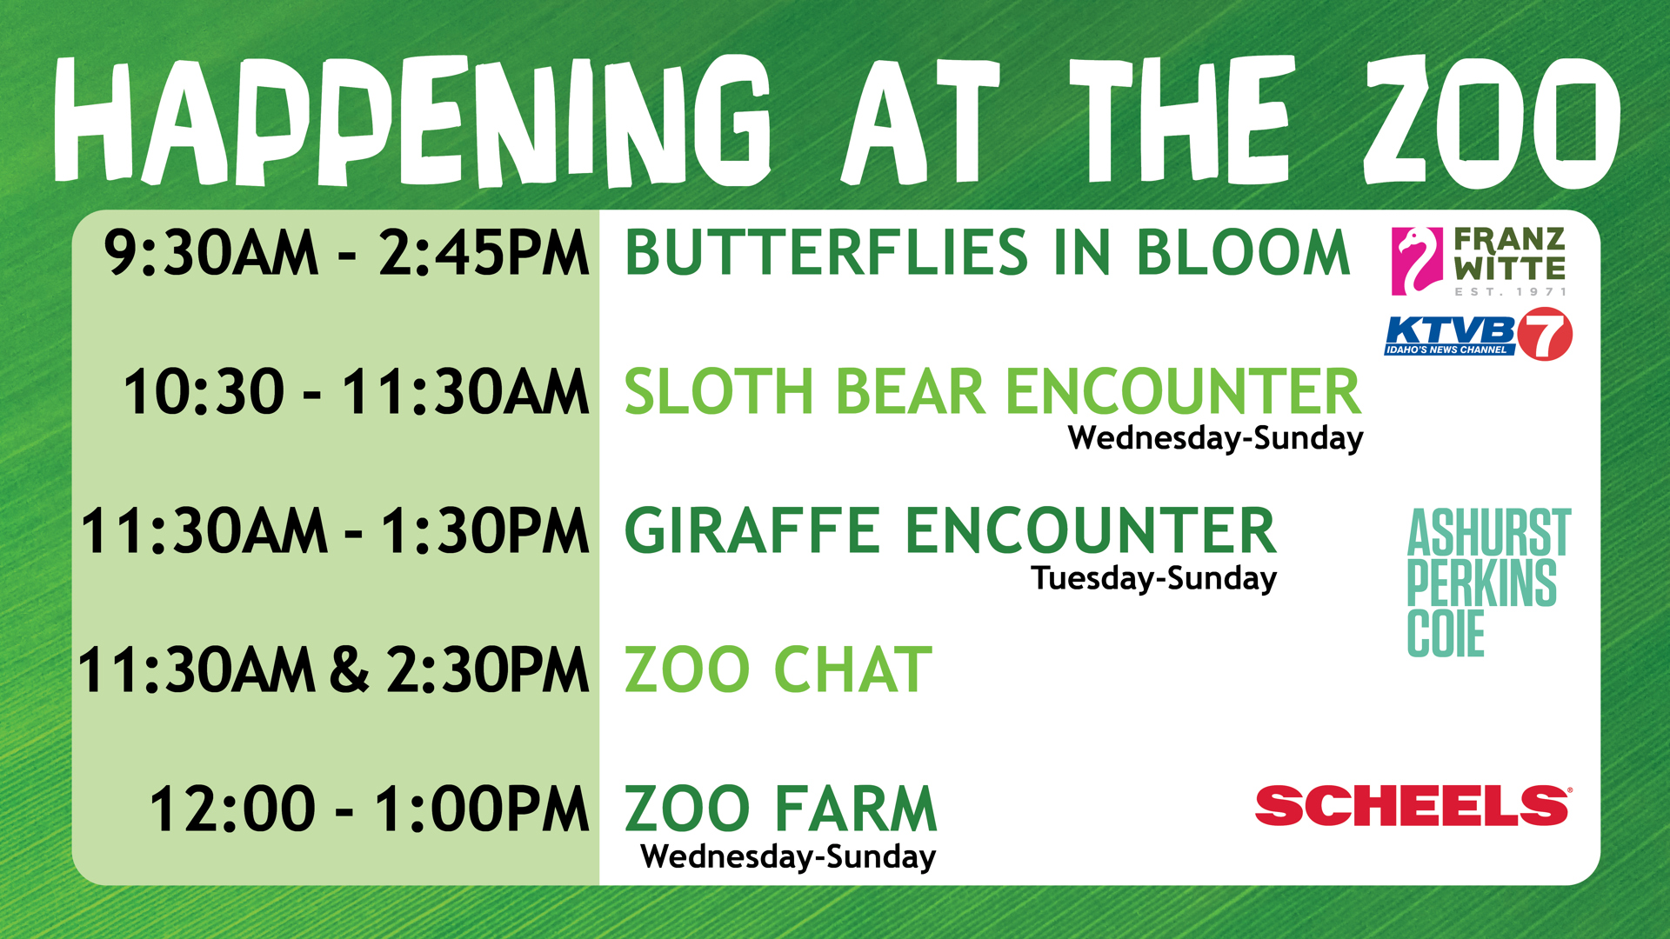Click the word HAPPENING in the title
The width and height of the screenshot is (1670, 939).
click(x=412, y=122)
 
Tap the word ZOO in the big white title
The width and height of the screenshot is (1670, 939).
click(x=1491, y=122)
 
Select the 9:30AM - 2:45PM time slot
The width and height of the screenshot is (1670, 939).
click(x=346, y=253)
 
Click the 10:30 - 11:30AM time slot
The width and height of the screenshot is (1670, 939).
click(x=356, y=391)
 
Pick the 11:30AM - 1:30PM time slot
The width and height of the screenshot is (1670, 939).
click(x=335, y=531)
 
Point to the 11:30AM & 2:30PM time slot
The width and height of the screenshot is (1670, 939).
click(x=333, y=670)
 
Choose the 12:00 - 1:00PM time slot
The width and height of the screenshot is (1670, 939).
click(x=369, y=809)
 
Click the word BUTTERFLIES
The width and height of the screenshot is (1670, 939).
click(x=827, y=253)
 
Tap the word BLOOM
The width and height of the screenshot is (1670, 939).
click(x=1243, y=253)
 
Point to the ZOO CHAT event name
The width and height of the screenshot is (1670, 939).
click(x=778, y=670)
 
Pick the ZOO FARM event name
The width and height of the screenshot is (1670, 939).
click(x=781, y=809)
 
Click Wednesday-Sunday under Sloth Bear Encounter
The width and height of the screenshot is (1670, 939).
click(x=1215, y=438)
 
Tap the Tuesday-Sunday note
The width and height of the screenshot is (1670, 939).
click(x=1154, y=578)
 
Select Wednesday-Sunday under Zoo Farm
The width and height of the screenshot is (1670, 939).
click(x=788, y=856)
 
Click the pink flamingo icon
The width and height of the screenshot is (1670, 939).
click(x=1417, y=261)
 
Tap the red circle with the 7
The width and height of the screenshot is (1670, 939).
click(x=1545, y=334)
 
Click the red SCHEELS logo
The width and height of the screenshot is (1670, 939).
click(x=1413, y=805)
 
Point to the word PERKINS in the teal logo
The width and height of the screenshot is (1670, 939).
click(x=1482, y=583)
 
